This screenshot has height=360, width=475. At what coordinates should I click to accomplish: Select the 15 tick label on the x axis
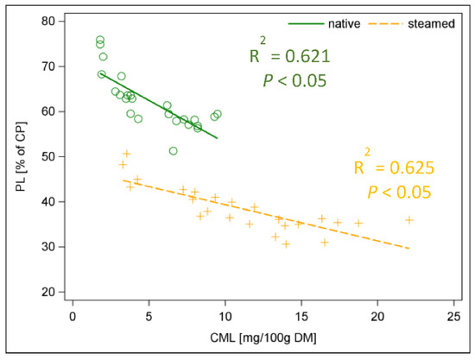pos(301,317)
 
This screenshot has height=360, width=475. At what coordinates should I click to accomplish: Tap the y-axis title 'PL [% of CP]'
pos(18,156)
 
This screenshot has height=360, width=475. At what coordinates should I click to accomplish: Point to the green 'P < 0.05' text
pos(294,80)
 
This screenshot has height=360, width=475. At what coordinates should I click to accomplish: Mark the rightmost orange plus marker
pos(409,219)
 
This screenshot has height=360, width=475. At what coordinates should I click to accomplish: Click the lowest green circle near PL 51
pos(174,151)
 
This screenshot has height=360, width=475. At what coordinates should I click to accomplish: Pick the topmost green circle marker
pos(100,40)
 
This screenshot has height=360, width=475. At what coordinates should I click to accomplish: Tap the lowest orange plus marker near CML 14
pos(286,243)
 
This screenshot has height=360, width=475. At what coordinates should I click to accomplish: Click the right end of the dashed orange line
pos(409,249)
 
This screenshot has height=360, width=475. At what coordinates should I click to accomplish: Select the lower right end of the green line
pos(217,138)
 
